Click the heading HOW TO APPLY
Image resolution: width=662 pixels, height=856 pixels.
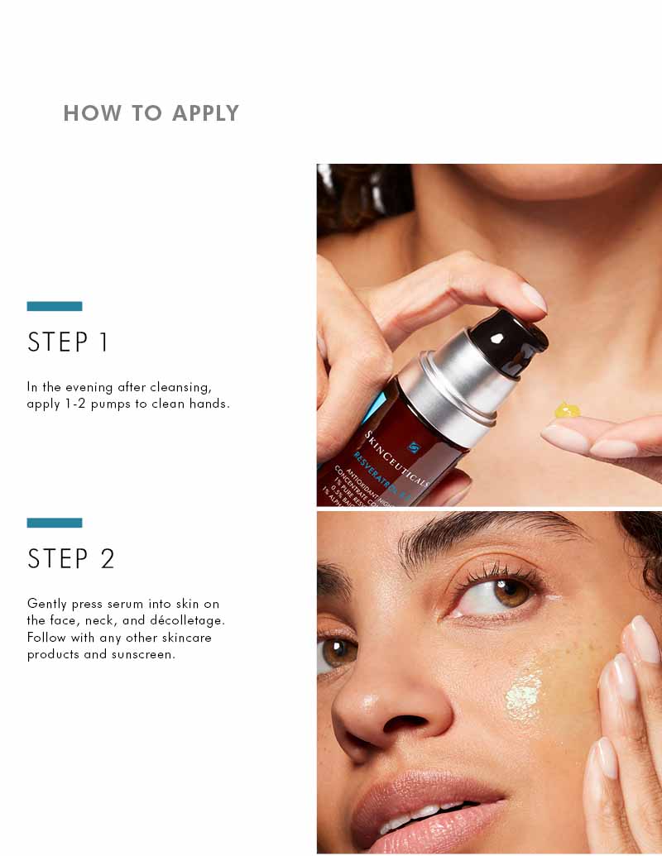[x=151, y=113]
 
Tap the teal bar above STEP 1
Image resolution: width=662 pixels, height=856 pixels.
[x=55, y=306]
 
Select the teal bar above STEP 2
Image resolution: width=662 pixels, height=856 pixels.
[x=55, y=523]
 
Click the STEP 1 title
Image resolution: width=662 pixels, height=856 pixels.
[x=68, y=342]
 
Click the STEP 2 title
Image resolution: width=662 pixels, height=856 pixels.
[x=70, y=559]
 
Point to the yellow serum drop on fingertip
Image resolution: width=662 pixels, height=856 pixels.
[x=567, y=410]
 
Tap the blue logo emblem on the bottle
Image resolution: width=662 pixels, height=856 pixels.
[x=414, y=447]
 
